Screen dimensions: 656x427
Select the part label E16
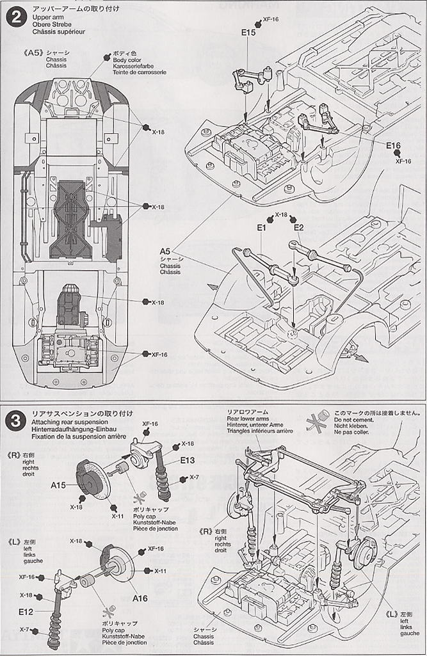click(393, 145)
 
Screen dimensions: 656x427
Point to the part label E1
click(261, 228)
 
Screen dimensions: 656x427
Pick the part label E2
click(298, 228)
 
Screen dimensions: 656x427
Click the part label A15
click(59, 486)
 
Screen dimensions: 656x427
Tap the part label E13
click(187, 460)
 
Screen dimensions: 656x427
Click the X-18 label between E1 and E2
click(281, 215)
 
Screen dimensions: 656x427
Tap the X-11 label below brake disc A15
click(117, 516)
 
